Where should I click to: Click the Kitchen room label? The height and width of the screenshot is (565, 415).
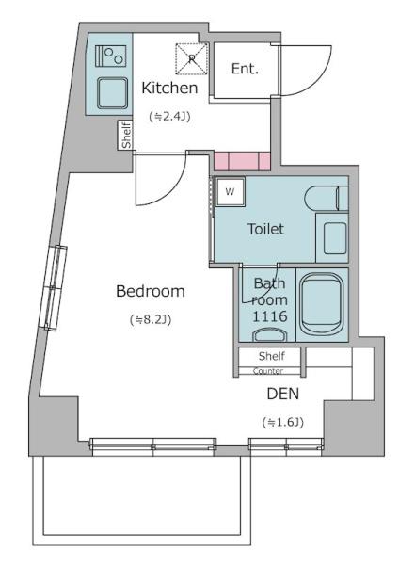pos(169,88)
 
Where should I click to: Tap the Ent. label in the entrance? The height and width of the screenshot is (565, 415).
pos(245,69)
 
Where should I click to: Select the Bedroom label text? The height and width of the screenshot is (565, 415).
pos(151,291)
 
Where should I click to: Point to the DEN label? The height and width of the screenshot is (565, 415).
pos(283,394)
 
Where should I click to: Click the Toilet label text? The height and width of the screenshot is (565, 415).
pos(265,229)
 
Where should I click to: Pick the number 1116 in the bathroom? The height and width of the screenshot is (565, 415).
pos(270,316)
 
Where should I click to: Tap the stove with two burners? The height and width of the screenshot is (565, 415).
pos(111,56)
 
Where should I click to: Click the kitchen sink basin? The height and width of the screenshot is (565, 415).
pos(112,93)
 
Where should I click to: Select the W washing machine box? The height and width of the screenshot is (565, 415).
pos(230,192)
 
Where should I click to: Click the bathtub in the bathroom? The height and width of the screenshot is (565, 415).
pos(322,304)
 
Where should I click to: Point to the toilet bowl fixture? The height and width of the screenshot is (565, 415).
pos(327,198)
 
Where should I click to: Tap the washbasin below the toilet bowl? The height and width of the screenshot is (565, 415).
pos(335,238)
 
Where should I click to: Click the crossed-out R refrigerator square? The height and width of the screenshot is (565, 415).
pos(192,59)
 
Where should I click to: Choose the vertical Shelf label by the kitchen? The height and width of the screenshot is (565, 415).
pos(126,135)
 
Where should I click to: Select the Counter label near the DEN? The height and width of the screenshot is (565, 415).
pos(267,371)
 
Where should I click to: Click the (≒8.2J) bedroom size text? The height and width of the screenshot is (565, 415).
pos(151,319)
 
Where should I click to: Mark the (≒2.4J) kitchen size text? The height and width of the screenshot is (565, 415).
pos(169,117)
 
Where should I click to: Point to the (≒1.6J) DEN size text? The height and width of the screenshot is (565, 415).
pos(283,422)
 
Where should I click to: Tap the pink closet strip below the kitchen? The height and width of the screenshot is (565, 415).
pos(242,161)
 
